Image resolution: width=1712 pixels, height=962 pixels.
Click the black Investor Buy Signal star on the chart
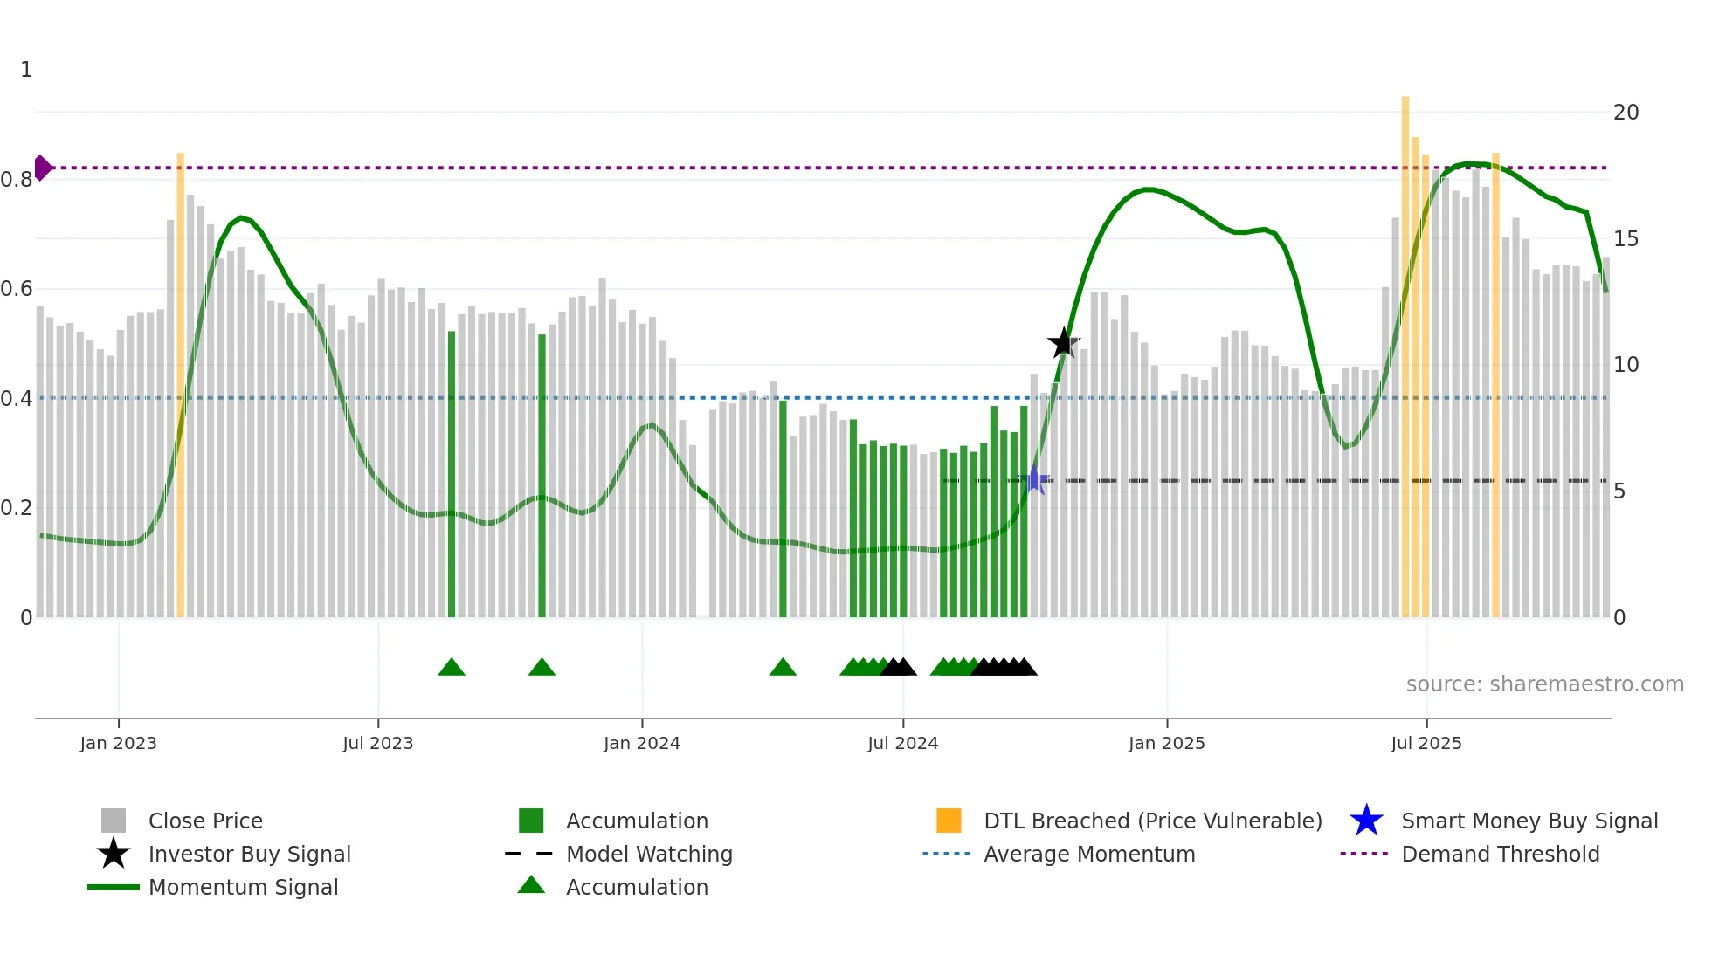click(1063, 343)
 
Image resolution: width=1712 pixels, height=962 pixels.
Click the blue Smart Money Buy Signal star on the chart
click(1035, 480)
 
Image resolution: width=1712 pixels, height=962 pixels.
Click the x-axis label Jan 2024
click(641, 743)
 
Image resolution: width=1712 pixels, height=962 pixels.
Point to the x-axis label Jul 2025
click(1426, 743)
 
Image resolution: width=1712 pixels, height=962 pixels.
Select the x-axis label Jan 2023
click(118, 743)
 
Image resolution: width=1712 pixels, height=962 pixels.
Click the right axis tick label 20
click(1626, 112)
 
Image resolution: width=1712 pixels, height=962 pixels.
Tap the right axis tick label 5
click(1619, 491)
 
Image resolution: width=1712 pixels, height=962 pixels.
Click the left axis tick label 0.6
click(17, 289)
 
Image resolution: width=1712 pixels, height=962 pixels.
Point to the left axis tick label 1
click(26, 70)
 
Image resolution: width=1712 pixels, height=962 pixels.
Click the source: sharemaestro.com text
click(1544, 684)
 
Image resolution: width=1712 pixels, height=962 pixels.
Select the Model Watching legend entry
click(648, 854)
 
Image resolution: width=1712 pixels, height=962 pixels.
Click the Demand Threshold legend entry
click(1500, 854)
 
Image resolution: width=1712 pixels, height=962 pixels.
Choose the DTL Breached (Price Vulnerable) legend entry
click(1152, 821)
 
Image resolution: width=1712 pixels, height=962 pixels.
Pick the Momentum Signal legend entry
click(243, 887)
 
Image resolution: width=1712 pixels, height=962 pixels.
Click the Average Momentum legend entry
click(1088, 854)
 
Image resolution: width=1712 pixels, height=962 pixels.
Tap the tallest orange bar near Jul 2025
click(1405, 349)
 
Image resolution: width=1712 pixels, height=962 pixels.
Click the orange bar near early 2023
click(181, 384)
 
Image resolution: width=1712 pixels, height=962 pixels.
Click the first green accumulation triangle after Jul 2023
click(452, 668)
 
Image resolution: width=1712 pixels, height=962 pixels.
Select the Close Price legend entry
click(204, 821)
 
